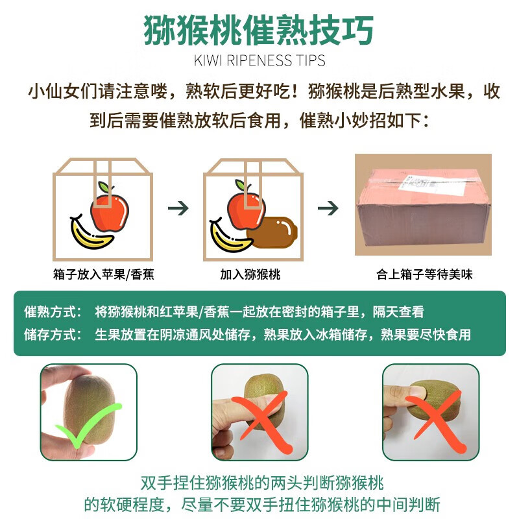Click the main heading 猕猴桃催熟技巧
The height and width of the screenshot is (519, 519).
259,30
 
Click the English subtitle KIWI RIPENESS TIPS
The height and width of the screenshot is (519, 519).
259,61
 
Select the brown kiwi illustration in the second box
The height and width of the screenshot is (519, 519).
274,231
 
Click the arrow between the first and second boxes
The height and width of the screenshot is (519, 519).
178,208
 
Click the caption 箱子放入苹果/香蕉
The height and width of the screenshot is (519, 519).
104,275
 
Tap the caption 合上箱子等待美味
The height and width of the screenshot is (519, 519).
424,275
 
